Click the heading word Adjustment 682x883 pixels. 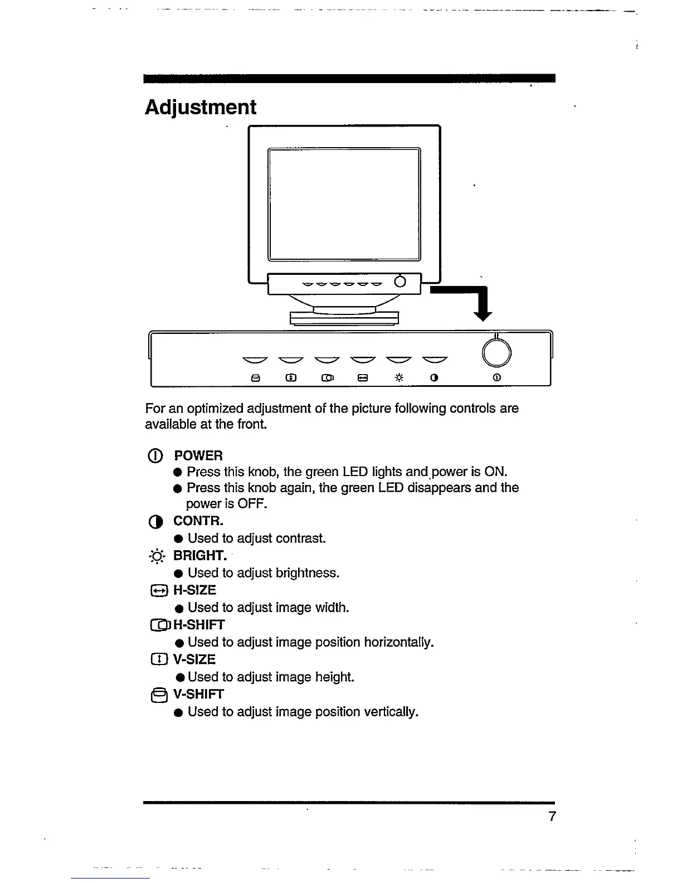201,107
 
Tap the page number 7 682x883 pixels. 552,817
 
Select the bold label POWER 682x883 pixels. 198,455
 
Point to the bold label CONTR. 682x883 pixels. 198,521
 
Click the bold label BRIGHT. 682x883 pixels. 200,556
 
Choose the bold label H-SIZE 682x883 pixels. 194,590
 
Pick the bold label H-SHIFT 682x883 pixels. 199,625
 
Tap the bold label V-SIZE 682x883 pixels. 194,659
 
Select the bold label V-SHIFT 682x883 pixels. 198,694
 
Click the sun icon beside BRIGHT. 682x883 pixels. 157,556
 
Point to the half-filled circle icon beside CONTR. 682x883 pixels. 157,522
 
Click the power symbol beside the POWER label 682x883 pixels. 157,456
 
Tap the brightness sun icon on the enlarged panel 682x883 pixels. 399,377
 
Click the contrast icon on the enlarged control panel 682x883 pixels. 435,377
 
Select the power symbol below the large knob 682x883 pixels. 497,377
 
